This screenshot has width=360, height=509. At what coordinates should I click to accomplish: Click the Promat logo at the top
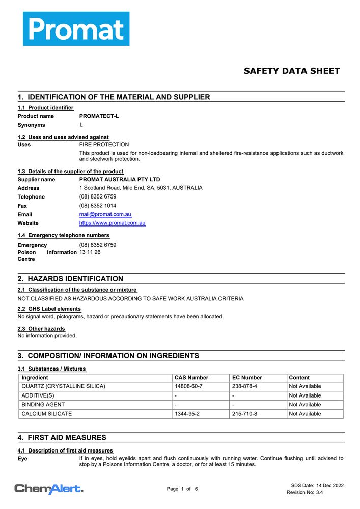[76, 29]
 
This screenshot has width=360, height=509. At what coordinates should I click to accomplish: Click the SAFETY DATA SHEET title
[291, 71]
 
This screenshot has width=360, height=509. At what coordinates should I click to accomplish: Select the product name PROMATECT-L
[99, 116]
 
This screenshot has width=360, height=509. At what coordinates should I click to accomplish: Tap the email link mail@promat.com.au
[105, 215]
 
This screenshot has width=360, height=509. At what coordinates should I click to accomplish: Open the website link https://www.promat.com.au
[112, 223]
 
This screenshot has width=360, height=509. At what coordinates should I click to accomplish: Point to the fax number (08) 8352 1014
[97, 206]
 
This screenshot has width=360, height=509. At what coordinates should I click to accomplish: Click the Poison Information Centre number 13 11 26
[90, 252]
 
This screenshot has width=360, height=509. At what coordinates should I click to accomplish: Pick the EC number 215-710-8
[244, 414]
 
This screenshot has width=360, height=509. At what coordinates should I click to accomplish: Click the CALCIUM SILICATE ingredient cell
[46, 414]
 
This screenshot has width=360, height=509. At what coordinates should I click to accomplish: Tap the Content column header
[299, 378]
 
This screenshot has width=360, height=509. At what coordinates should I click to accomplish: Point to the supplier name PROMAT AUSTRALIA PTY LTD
[120, 180]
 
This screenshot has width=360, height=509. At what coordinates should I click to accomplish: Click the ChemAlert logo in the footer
[49, 489]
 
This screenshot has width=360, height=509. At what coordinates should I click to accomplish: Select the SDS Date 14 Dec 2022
[317, 486]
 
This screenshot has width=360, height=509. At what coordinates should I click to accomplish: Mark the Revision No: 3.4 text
[304, 493]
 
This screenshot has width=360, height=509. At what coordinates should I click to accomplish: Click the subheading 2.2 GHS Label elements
[49, 309]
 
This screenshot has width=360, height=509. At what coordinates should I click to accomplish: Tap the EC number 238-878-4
[244, 387]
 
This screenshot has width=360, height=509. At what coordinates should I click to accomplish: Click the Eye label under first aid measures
[22, 459]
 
